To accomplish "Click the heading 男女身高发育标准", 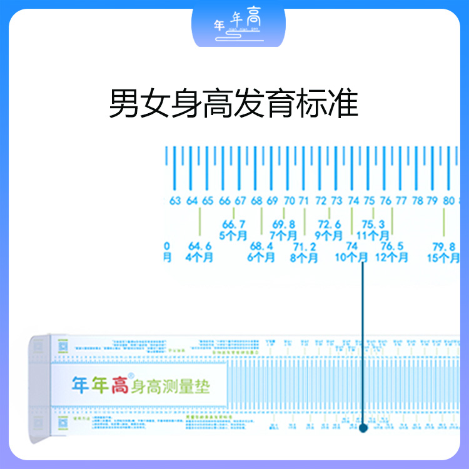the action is (234, 104).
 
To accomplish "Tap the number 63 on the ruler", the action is (175, 201).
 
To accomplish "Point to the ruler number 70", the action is (288, 201).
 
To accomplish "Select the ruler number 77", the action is (401, 201).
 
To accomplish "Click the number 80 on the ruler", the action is (448, 201).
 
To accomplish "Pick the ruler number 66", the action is (224, 201).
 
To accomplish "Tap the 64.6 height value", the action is (199, 246).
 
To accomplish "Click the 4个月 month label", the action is (199, 257).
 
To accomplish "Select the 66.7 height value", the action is (233, 224).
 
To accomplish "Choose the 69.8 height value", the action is (283, 224).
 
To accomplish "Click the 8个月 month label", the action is (305, 257).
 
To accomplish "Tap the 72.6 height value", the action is (330, 224).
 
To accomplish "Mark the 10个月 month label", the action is (351, 257).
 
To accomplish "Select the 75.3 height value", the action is (373, 224).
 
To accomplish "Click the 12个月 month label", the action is (391, 257).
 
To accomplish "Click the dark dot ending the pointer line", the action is (363, 428).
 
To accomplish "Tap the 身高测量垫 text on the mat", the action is (170, 386).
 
